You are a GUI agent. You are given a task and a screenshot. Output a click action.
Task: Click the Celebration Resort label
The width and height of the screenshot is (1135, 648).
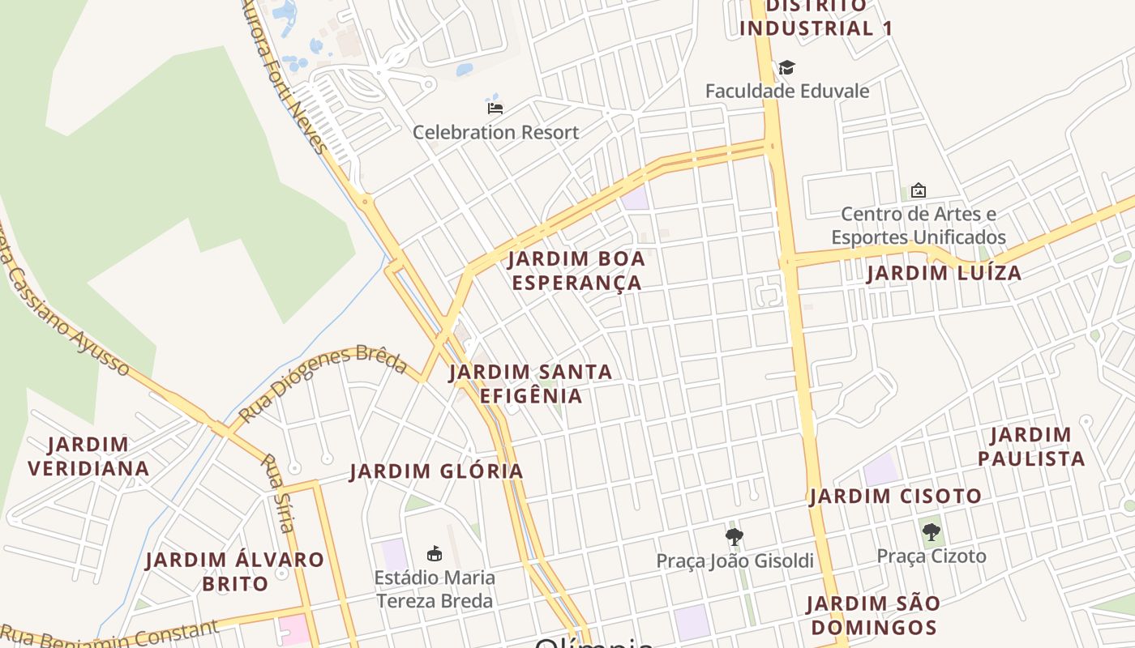pyautogui.click(x=495, y=132)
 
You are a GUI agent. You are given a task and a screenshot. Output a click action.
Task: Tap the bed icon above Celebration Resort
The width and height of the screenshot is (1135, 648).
pyautogui.click(x=495, y=108)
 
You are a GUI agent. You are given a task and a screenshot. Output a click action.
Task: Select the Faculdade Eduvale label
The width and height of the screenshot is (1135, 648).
pyautogui.click(x=786, y=91)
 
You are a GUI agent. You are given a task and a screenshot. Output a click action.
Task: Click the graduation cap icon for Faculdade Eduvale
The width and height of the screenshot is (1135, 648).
pyautogui.click(x=786, y=67)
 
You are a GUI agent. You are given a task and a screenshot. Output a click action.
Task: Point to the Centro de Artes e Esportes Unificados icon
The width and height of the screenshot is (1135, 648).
pyautogui.click(x=919, y=191)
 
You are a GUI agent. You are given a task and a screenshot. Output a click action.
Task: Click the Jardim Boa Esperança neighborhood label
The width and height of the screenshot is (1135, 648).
pyautogui.click(x=576, y=271)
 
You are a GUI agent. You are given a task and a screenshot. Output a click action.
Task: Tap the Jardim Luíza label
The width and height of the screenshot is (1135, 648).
pyautogui.click(x=944, y=273)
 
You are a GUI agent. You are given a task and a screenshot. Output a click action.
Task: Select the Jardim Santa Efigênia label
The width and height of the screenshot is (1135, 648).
pyautogui.click(x=531, y=383)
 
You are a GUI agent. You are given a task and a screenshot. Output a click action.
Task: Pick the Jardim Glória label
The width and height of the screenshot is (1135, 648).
pyautogui.click(x=436, y=471)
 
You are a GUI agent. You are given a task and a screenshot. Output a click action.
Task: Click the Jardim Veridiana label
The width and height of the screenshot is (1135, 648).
pyautogui.click(x=88, y=456)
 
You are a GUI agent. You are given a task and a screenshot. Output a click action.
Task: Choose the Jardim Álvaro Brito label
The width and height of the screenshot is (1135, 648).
pyautogui.click(x=234, y=571)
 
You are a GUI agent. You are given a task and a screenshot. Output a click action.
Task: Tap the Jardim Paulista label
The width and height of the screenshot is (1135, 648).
pyautogui.click(x=1030, y=446)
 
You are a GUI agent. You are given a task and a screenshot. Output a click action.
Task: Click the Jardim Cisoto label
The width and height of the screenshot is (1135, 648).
pyautogui.click(x=895, y=496)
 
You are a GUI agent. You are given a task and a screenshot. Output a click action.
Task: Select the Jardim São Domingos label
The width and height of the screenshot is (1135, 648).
pyautogui.click(x=873, y=615)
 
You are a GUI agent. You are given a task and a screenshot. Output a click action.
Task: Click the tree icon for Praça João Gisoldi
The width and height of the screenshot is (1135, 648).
pyautogui.click(x=735, y=536)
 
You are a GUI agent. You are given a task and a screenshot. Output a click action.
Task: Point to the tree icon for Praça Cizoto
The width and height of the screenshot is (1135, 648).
pyautogui.click(x=932, y=532)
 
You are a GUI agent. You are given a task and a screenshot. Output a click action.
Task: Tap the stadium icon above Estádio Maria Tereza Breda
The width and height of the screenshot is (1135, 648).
pyautogui.click(x=435, y=554)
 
